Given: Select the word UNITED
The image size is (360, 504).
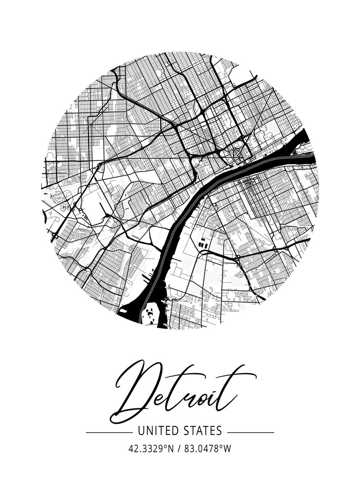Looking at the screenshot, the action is [x=160, y=431].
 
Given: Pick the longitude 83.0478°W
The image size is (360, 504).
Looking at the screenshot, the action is [x=208, y=449].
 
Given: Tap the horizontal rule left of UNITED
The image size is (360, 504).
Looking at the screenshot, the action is [x=108, y=432].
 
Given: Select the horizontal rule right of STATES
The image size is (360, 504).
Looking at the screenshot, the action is [x=251, y=432].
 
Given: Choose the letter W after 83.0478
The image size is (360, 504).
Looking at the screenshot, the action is [x=227, y=449].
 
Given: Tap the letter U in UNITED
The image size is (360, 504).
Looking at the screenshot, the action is [x=141, y=431].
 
